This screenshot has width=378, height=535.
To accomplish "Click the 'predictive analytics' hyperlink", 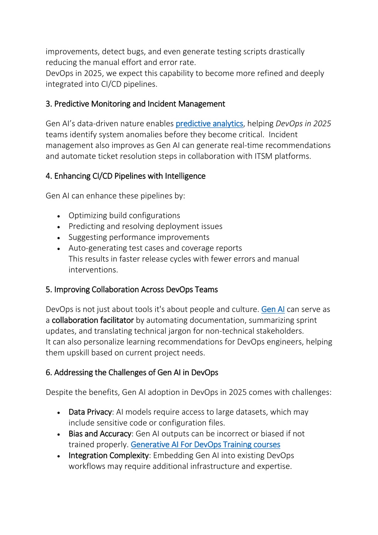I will [x=209, y=123].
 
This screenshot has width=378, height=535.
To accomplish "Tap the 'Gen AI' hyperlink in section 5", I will [x=273, y=309].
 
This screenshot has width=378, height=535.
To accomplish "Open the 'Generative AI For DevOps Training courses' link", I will [x=205, y=445].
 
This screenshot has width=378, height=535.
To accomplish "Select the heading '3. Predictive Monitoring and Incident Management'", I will [x=135, y=104].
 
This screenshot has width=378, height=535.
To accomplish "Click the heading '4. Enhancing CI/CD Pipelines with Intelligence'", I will [x=125, y=176].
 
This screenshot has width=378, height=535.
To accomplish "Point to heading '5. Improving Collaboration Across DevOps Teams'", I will [x=132, y=289].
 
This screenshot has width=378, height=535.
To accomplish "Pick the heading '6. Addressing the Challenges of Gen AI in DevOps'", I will [x=132, y=373].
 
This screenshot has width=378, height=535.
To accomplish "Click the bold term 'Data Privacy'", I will [x=90, y=412].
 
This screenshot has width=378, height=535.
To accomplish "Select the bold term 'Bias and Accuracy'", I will [x=100, y=434].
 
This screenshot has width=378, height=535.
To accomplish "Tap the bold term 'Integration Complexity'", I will [x=109, y=456].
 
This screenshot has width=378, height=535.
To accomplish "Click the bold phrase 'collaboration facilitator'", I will [x=93, y=320].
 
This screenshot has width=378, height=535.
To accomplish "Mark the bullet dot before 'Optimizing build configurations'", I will [x=59, y=216].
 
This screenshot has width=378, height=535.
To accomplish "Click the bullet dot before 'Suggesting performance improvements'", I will [x=59, y=238].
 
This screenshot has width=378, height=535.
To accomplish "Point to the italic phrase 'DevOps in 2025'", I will [x=303, y=123].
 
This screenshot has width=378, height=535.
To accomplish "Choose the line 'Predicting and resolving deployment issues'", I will [x=146, y=226].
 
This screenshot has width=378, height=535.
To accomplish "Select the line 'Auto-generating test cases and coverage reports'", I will [x=155, y=248].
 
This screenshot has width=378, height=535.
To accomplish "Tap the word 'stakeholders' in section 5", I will [x=278, y=331].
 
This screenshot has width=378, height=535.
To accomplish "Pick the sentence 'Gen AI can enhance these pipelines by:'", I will [x=115, y=196].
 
